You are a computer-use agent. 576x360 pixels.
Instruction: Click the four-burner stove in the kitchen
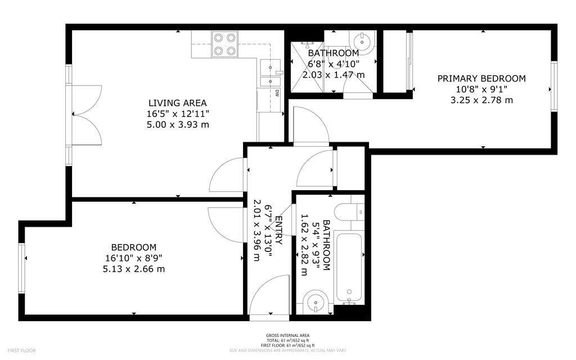(224, 44)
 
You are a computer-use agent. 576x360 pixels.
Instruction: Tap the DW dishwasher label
(277, 93)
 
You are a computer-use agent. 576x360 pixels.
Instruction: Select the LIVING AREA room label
(177, 103)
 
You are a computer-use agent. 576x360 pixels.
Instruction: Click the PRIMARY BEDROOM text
(481, 79)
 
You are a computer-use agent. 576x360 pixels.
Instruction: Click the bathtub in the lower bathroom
(349, 268)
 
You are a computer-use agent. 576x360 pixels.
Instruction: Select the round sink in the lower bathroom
(315, 303)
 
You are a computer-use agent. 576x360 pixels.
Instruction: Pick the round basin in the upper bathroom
(361, 41)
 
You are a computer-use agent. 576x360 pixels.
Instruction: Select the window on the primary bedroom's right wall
(553, 86)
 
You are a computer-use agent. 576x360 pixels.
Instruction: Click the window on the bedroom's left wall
(22, 268)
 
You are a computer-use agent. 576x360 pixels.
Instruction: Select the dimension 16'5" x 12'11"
(177, 114)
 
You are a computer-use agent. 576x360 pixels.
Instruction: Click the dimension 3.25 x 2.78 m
(481, 100)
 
